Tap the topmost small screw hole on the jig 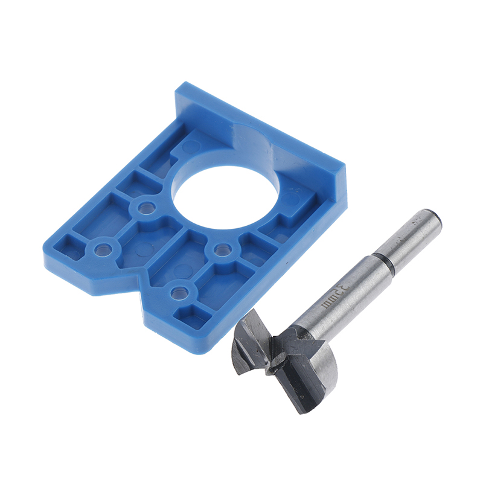click(x=146, y=208)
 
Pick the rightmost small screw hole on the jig click(x=222, y=249)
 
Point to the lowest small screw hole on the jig click(x=179, y=292)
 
